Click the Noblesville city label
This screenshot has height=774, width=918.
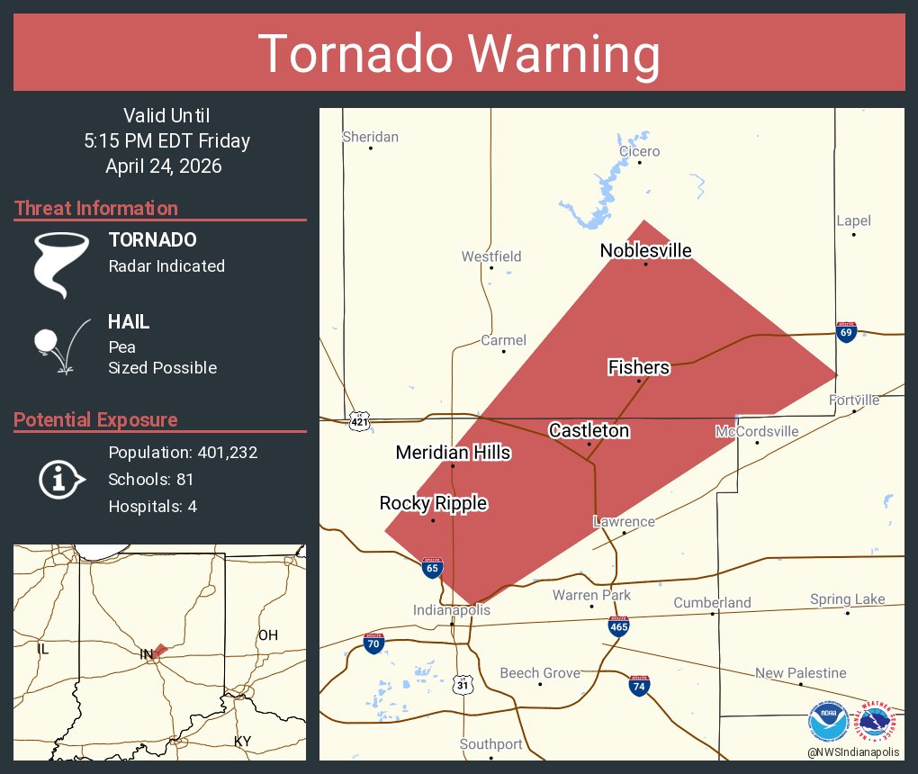(x=645, y=250)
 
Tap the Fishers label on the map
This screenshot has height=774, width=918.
(x=638, y=367)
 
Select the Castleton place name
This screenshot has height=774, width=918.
(x=589, y=430)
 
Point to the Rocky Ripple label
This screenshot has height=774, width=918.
(x=433, y=503)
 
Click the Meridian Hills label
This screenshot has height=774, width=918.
(x=453, y=453)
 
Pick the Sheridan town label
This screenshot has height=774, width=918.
(x=370, y=137)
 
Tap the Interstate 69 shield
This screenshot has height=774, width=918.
(x=845, y=332)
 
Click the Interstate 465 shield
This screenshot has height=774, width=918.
(x=618, y=626)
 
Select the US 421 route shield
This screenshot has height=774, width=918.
(x=359, y=420)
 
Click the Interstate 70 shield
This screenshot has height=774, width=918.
(x=373, y=643)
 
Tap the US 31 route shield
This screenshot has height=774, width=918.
(x=463, y=685)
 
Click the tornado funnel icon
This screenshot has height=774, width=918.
(x=61, y=265)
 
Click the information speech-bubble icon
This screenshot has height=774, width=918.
(x=60, y=480)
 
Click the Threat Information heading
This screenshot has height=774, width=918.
(x=95, y=208)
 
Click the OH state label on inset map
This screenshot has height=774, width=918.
(x=267, y=635)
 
